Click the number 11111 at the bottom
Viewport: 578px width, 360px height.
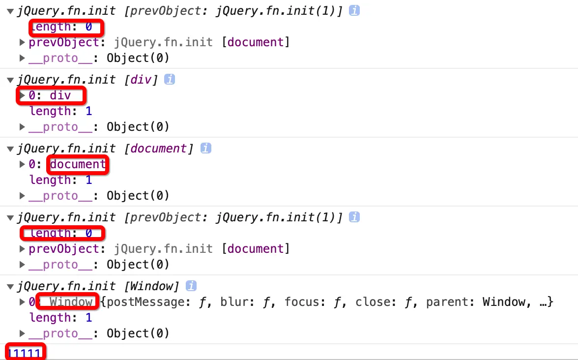click(25, 353)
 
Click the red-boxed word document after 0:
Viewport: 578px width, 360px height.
click(78, 164)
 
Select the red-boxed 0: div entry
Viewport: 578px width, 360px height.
click(50, 95)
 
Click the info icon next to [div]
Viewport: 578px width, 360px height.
click(169, 79)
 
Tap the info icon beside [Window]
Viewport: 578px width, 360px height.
click(191, 286)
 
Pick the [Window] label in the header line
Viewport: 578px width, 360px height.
click(159, 286)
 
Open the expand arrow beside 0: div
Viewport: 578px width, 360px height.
click(22, 95)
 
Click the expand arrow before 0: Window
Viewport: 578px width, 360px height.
click(22, 302)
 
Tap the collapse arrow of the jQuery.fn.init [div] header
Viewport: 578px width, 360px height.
click(10, 80)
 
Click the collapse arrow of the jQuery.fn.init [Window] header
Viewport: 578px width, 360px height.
click(10, 287)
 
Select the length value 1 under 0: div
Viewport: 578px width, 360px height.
click(89, 111)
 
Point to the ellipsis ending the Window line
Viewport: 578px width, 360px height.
click(544, 302)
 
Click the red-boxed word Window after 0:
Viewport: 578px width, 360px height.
click(71, 301)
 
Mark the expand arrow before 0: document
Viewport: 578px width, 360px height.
click(22, 164)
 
